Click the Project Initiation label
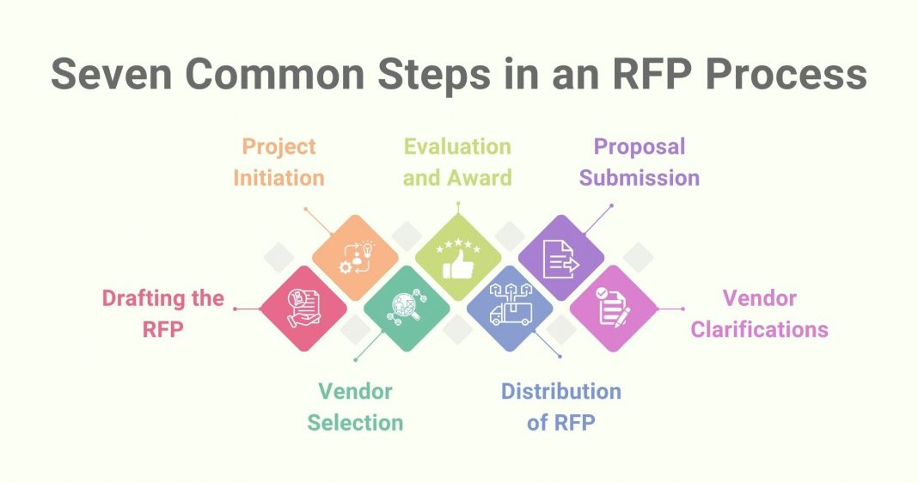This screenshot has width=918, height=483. click(279, 162)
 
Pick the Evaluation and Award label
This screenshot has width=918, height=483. click(457, 162)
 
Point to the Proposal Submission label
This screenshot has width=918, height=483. click(639, 162)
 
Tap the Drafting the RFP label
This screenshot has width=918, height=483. click(162, 313)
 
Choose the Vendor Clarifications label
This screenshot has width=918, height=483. click(759, 313)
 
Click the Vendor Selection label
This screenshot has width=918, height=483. click(355, 407)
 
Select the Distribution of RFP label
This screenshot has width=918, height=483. click(560, 407)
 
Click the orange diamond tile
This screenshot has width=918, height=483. click(355, 257)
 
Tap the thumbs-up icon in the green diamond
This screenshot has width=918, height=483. click(457, 260)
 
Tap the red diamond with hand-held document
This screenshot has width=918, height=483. click(303, 308)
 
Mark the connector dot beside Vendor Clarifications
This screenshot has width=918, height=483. click(682, 309)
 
